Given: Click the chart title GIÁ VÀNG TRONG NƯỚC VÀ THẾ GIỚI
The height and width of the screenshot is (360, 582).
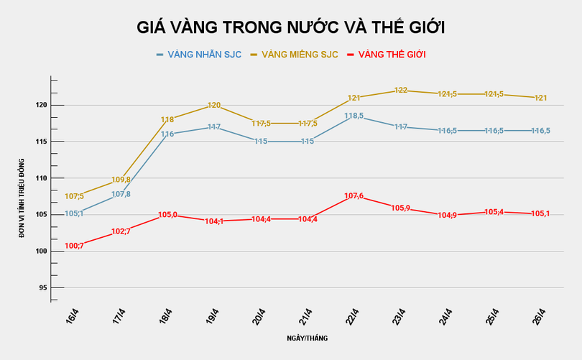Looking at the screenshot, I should click(291, 28).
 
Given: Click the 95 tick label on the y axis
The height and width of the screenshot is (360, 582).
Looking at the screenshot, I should click(42, 287).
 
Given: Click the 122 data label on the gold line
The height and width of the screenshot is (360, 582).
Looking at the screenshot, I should click(401, 91).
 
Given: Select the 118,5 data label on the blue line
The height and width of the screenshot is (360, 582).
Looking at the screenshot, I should click(354, 116).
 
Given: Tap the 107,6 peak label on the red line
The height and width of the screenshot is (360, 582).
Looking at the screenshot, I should click(354, 195).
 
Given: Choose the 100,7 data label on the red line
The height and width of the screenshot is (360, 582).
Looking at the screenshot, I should click(75, 246).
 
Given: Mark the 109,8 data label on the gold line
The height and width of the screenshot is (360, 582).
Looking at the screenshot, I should click(121, 180).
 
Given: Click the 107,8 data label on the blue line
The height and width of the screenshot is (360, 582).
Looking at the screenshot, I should click(121, 194).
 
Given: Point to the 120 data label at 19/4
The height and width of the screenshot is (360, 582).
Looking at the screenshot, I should click(214, 106).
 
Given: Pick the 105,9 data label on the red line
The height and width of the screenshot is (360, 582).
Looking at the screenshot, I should click(401, 208).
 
